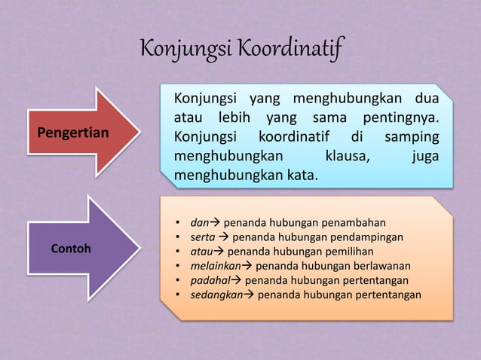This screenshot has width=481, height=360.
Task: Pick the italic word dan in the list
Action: pos(199,223)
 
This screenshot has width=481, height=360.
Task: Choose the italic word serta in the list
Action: pos(203,237)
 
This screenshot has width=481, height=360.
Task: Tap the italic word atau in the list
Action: pos(201,252)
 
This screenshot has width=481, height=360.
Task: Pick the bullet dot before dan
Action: pos(177,223)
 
